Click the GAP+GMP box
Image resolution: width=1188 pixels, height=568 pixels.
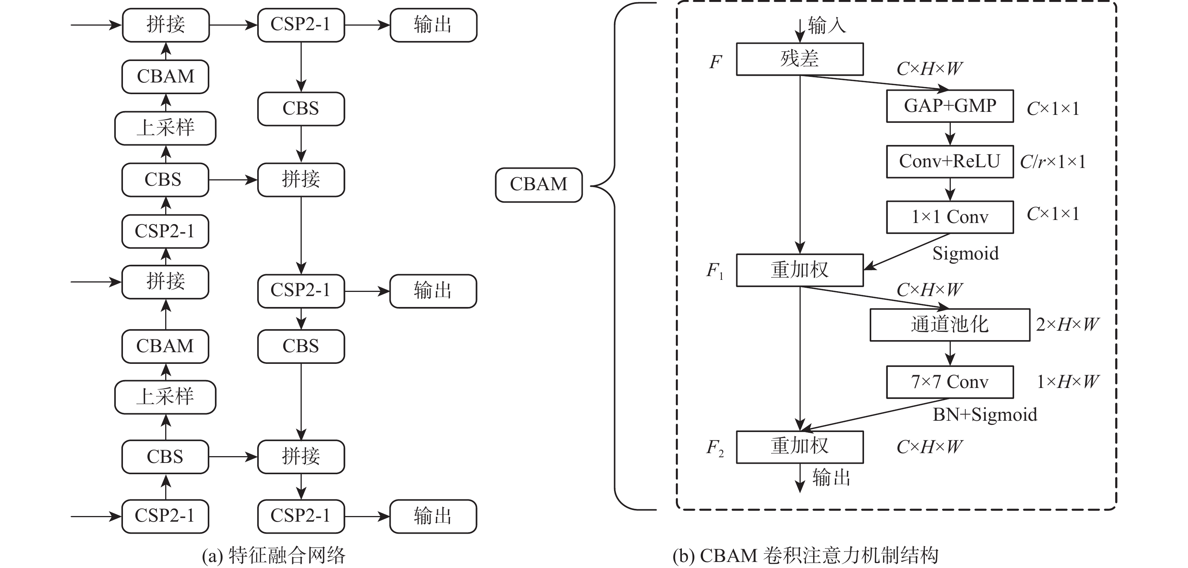pos(950,106)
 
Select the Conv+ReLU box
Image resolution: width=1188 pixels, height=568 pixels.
pos(950,162)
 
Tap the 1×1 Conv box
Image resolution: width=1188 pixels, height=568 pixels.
pos(950,217)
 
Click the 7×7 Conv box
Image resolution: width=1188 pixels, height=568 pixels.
pos(950,382)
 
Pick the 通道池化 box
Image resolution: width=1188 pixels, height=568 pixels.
pos(950,325)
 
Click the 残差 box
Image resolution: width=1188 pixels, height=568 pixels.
pos(799,59)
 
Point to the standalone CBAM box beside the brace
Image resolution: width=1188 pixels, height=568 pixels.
pos(538,185)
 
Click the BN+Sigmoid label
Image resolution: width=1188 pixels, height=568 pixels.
pos(985,415)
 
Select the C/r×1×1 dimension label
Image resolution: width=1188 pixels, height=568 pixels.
pos(1052,162)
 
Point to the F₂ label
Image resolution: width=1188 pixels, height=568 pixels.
pos(715,448)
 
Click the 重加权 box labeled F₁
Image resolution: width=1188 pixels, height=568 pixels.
pos(799,270)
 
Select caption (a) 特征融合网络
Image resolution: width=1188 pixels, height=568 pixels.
pos(273,556)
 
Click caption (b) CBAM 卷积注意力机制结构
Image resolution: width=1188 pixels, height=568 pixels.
pos(805,556)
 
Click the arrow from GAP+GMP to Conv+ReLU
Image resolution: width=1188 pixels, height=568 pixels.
pos(950,134)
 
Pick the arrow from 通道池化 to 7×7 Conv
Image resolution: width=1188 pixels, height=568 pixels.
pos(950,353)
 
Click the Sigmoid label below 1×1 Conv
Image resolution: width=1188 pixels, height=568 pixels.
pos(965,253)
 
